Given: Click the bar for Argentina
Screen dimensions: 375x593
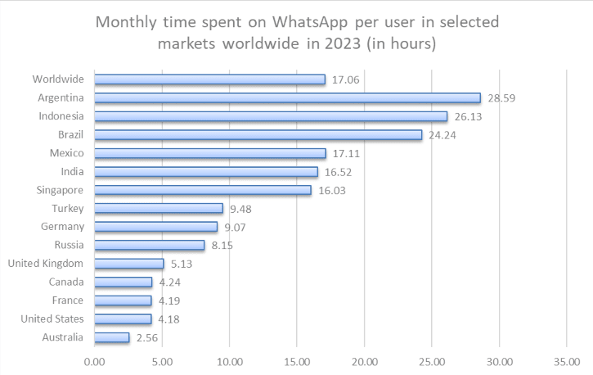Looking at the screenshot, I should (x=287, y=98).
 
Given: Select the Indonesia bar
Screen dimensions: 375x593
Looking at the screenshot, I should (x=271, y=116).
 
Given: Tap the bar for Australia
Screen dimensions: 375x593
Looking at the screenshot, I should (x=112, y=337).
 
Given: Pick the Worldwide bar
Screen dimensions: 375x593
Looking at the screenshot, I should (x=209, y=79).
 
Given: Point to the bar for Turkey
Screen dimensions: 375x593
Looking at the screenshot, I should (x=159, y=208).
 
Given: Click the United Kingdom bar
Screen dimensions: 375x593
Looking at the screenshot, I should (x=129, y=264).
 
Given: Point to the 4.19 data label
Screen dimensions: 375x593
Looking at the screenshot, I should (x=170, y=300).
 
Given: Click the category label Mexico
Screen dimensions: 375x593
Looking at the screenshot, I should (x=66, y=153).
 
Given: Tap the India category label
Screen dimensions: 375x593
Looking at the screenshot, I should (x=71, y=171).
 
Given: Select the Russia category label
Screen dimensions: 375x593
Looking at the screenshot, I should (x=67, y=245).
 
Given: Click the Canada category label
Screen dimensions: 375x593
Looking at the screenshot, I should (x=65, y=282).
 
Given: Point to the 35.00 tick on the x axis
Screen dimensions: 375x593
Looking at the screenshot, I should (x=567, y=359).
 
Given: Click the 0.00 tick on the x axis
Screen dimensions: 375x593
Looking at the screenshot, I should (x=95, y=359).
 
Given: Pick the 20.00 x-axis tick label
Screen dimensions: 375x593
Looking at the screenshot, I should (x=365, y=359).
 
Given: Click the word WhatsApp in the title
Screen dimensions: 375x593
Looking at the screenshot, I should (x=306, y=21).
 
